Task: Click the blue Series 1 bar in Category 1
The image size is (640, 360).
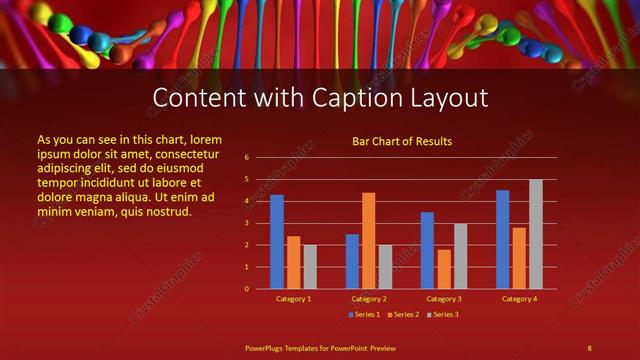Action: pos(277,242)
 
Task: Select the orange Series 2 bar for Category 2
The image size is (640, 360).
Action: pos(368,241)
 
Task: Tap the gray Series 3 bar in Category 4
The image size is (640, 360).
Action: pos(536,234)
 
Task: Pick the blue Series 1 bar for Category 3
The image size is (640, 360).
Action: pos(427,250)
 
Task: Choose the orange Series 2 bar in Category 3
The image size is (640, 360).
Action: pos(444,269)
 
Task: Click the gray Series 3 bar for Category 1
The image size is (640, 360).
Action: pos(310,266)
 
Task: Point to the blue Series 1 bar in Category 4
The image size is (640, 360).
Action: pos(503,239)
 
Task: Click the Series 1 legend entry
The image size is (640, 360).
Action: pos(365,315)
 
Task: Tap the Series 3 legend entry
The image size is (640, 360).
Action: pos(444,315)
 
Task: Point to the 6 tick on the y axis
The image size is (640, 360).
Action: pos(247,158)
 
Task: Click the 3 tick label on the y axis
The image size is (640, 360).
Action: pos(247,223)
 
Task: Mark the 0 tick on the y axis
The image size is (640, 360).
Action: pos(247,289)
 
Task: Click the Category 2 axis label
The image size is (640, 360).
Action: pos(369,299)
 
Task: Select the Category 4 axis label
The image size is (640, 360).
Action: pos(519,299)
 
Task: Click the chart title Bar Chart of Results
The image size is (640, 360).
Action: pos(402,141)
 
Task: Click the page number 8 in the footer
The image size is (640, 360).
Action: pos(589,347)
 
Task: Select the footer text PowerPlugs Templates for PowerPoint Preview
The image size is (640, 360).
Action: pos(320,347)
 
